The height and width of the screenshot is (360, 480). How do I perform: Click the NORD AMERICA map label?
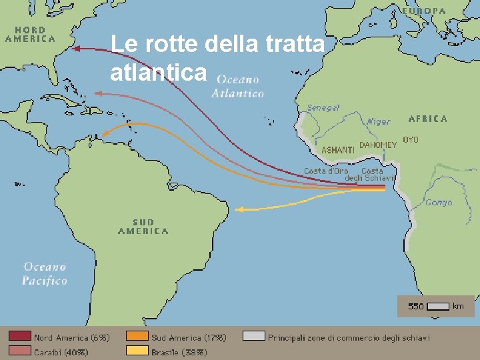click(x=30, y=34)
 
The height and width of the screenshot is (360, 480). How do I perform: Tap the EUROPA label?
click(x=423, y=11)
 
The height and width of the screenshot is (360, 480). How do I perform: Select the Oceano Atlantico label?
click(x=238, y=86)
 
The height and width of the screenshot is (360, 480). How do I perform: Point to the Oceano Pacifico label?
click(x=45, y=273)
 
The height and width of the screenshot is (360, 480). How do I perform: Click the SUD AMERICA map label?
click(x=143, y=227)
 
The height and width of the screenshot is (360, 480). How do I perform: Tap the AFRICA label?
click(x=427, y=119)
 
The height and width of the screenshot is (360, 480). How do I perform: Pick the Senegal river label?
click(x=323, y=107)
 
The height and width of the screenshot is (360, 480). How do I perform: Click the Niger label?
click(x=378, y=121)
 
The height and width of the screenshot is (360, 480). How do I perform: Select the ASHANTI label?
click(x=338, y=150)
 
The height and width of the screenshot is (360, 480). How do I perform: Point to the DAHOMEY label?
click(x=378, y=145)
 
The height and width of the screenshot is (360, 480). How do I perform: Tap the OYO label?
click(x=411, y=140)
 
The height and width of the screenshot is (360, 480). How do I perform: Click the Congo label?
click(x=439, y=202)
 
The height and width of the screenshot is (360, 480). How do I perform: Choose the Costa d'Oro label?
click(x=326, y=171)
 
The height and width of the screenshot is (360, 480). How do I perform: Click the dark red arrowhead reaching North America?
click(x=75, y=48)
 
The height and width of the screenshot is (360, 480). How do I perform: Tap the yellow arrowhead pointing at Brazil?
click(x=239, y=209)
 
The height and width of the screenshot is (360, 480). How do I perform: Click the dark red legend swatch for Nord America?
click(x=19, y=337)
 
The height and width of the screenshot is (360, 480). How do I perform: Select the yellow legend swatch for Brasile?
click(x=137, y=351)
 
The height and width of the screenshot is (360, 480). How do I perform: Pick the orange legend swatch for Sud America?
click(x=137, y=337)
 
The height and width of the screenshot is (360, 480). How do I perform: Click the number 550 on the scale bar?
click(x=416, y=307)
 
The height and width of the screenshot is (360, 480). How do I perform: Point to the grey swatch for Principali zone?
click(x=254, y=337)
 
